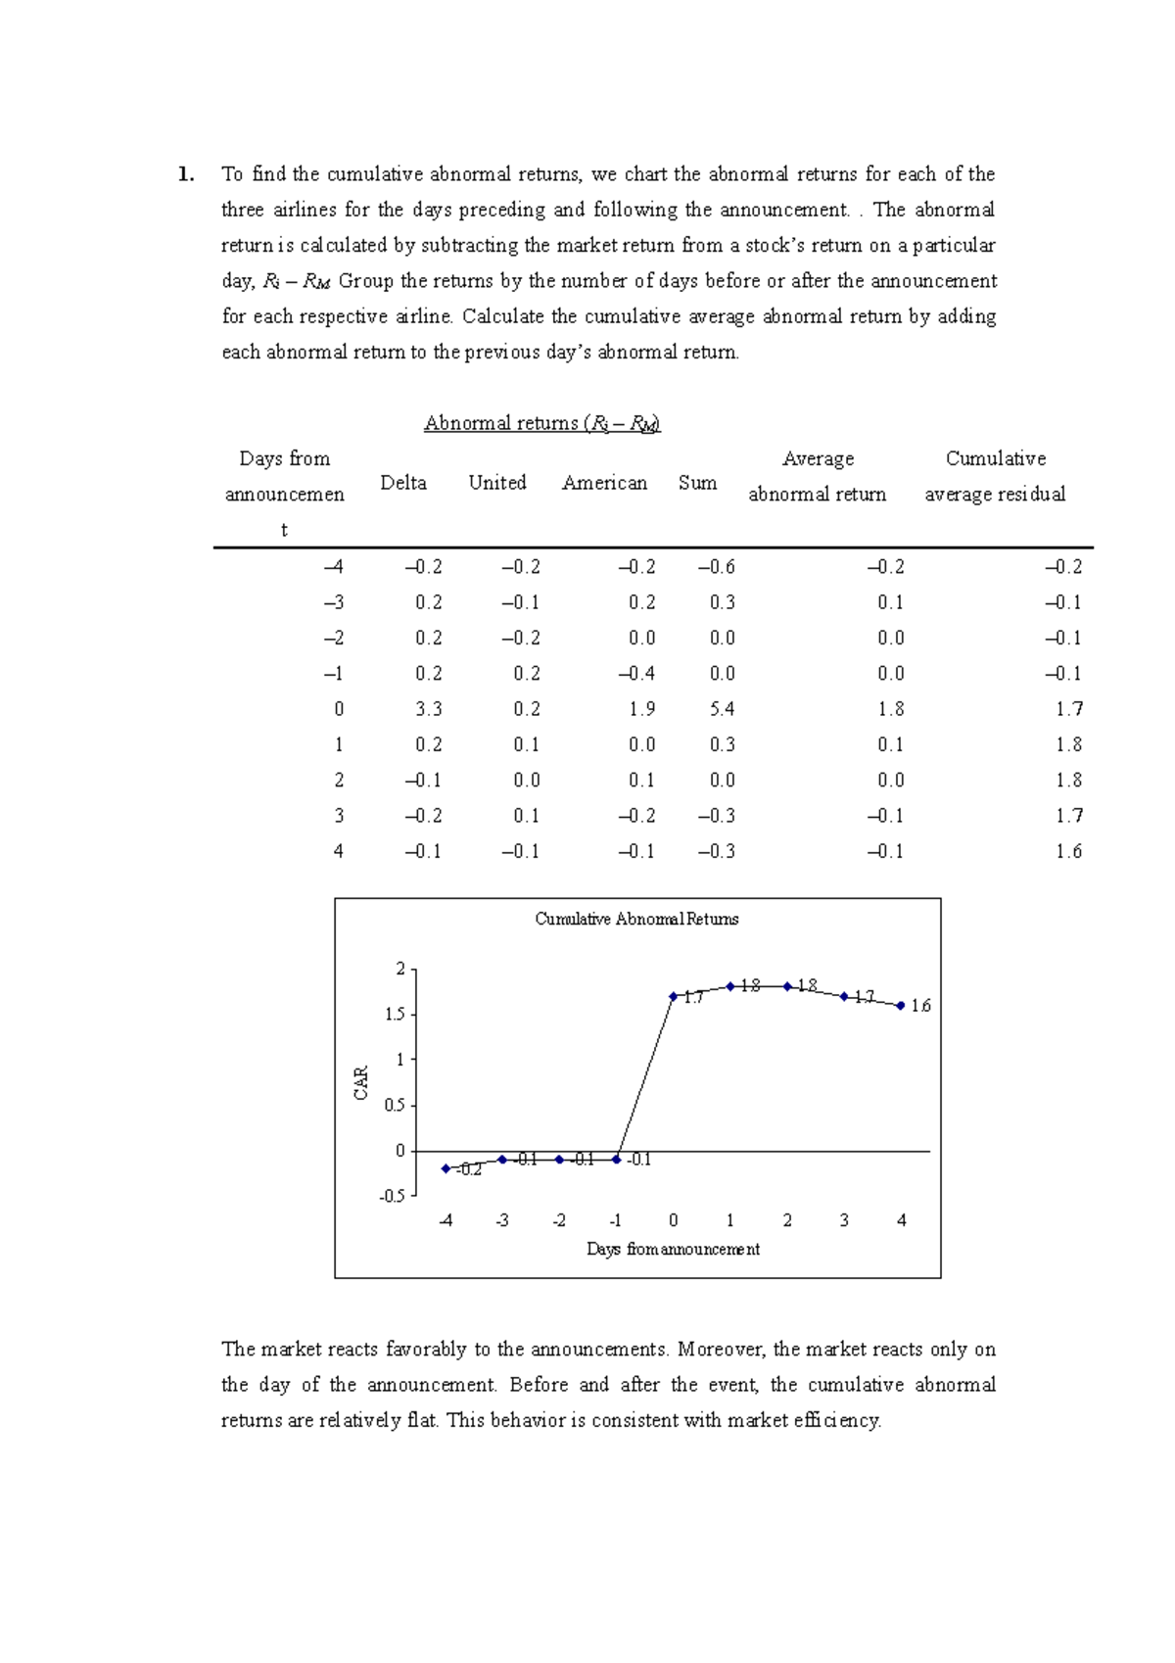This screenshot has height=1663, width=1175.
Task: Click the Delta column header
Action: [403, 483]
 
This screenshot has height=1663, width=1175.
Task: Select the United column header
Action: [497, 483]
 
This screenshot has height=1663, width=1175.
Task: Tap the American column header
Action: [604, 483]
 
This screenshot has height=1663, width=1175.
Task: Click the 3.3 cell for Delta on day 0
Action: [428, 709]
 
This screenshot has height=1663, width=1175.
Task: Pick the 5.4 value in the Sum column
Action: [722, 709]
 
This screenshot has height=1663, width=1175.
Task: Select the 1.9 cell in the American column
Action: [642, 709]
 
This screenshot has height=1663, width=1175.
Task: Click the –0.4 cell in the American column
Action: [636, 674]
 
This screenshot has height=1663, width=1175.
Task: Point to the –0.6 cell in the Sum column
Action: [717, 567]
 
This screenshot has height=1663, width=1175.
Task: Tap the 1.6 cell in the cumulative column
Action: [1068, 852]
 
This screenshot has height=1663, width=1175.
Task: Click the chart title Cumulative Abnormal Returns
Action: [636, 920]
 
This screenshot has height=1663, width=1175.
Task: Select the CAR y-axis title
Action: [361, 1083]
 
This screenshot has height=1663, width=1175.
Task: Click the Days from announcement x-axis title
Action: [673, 1250]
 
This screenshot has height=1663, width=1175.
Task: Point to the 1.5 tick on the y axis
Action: [395, 1015]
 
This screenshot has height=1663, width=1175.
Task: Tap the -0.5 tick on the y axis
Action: [392, 1197]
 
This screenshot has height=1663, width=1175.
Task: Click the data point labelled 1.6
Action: [901, 1006]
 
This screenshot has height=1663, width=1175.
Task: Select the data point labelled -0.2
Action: [446, 1169]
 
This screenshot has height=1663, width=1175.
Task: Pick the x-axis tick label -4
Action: [446, 1221]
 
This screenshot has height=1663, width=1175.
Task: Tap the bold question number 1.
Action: [185, 175]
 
